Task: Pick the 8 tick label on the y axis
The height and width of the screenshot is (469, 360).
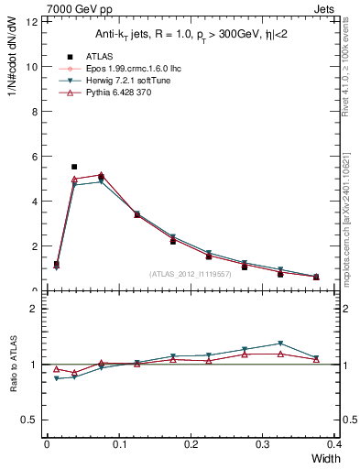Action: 35,112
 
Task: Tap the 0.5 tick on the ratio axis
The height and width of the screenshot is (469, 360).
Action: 30,420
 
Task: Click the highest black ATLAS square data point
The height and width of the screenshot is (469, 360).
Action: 74,167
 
